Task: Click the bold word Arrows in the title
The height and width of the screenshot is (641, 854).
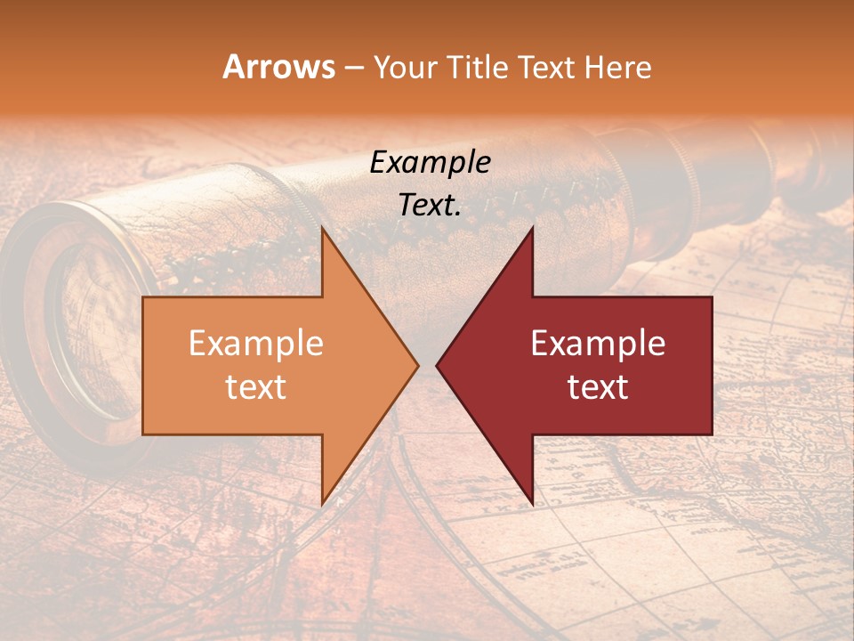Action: click(x=279, y=67)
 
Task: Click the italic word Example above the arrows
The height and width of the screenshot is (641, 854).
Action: click(x=430, y=162)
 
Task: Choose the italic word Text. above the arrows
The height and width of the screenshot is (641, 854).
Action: click(x=430, y=206)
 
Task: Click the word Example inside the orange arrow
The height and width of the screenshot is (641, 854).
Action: click(x=256, y=343)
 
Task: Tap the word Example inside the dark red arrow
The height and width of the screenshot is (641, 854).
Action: click(x=598, y=343)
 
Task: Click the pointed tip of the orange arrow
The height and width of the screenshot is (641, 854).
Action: click(x=417, y=365)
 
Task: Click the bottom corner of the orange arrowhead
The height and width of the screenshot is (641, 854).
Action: click(x=322, y=504)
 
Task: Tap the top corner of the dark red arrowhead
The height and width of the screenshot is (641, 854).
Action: click(x=532, y=228)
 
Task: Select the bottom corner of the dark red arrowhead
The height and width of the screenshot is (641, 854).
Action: click(x=532, y=504)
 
